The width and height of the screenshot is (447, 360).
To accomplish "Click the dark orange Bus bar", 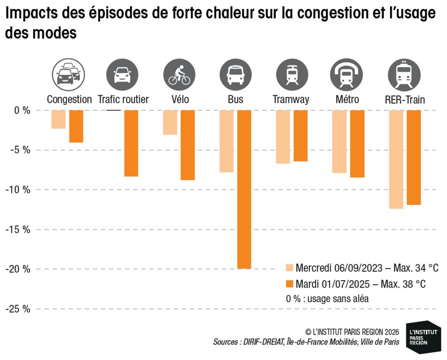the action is pyautogui.click(x=244, y=189).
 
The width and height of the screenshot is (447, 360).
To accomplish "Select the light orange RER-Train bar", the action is pyautogui.click(x=396, y=159).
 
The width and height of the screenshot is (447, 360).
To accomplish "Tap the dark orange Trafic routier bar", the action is pyautogui.click(x=131, y=143).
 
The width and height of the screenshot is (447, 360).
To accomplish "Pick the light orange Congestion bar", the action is pyautogui.click(x=59, y=119).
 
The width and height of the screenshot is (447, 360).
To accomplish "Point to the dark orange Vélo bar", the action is pyautogui.click(x=188, y=145).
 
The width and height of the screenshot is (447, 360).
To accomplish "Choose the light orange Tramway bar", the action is pyautogui.click(x=283, y=137).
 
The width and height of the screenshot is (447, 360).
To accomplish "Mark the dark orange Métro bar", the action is pyautogui.click(x=357, y=144).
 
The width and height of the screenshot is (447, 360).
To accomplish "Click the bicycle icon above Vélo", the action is pyautogui.click(x=179, y=75).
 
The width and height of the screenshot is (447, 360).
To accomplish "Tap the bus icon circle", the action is pyautogui.click(x=235, y=75).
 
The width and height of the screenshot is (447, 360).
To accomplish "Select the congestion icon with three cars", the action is pyautogui.click(x=68, y=75).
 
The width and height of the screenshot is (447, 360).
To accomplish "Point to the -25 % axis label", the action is pyautogui.click(x=18, y=309).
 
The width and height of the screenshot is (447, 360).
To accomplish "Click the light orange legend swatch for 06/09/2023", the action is pyautogui.click(x=289, y=268).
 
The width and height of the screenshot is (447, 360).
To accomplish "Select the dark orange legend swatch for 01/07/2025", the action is pyautogui.click(x=289, y=284).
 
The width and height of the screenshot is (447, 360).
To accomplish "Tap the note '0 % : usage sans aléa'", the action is pyautogui.click(x=327, y=299).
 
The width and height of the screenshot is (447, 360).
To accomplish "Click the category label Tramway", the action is pyautogui.click(x=291, y=100).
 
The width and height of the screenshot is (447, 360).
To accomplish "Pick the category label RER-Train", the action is pyautogui.click(x=405, y=100).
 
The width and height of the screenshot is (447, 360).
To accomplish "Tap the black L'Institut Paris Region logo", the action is pyautogui.click(x=423, y=337).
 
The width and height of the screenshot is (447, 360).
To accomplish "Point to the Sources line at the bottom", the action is pyautogui.click(x=306, y=342).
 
